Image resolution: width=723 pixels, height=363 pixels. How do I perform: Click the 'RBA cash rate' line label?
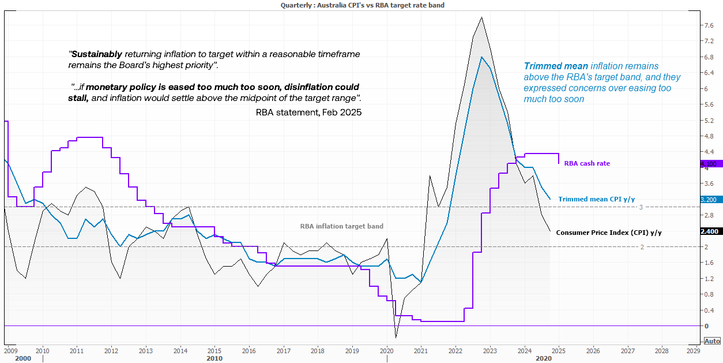click(x=586, y=163)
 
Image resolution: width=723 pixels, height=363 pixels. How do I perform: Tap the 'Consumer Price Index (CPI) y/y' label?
click(x=609, y=232)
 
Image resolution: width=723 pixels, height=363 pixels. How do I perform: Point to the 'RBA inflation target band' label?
click(x=341, y=226)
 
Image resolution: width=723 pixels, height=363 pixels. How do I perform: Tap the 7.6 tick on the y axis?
click(x=709, y=25)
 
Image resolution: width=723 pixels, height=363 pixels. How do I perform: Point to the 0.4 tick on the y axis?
click(x=709, y=310)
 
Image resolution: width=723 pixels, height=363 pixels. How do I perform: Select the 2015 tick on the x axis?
click(x=214, y=350)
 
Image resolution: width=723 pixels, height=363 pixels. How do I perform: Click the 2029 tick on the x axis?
click(x=693, y=350)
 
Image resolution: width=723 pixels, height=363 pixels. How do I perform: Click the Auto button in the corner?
click(x=712, y=341)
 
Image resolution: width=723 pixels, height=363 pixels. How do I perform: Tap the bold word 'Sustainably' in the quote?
click(x=96, y=54)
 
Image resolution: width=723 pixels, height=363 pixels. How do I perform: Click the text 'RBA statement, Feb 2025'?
click(x=308, y=113)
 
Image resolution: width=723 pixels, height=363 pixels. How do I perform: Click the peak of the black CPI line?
click(x=481, y=17)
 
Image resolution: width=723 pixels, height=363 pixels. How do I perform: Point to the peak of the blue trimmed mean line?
click(x=481, y=57)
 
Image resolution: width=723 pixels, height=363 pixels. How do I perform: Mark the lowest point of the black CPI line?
click(x=396, y=337)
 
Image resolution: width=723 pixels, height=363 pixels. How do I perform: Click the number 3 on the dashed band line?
click(x=641, y=207)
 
